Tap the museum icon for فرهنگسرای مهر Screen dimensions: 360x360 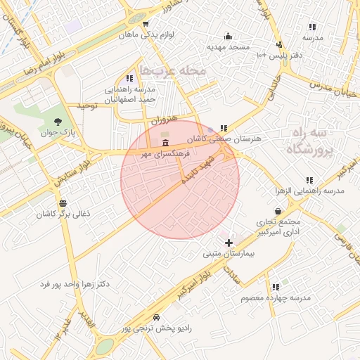(165, 143)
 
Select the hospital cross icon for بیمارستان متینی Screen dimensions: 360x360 (229, 242)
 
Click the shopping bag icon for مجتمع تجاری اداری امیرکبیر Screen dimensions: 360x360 (279, 210)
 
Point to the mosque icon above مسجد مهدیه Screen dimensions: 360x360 (228, 36)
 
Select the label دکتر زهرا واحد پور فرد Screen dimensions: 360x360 (73, 284)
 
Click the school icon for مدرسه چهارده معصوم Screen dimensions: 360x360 (276, 287)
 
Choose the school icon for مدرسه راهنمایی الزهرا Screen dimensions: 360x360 (310, 181)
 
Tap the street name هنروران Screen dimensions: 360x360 (163, 120)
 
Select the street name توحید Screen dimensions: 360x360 (86, 105)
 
